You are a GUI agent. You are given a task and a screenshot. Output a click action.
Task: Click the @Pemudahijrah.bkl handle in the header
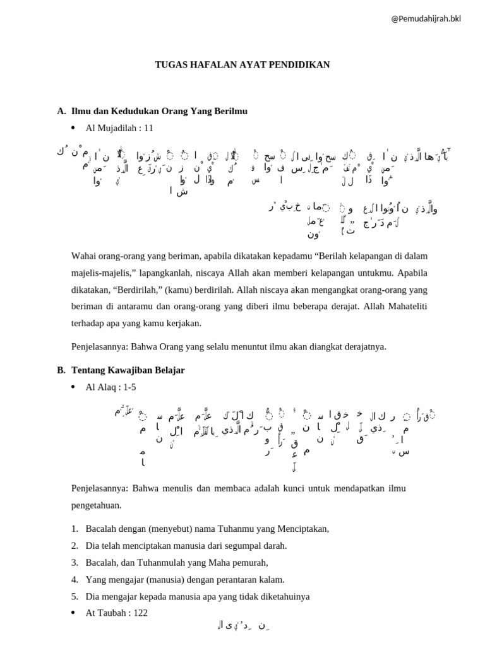[x=426, y=18]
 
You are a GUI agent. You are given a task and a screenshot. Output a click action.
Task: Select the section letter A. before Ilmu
[x=61, y=111]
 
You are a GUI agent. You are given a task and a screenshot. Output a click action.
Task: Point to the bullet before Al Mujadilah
[x=73, y=127]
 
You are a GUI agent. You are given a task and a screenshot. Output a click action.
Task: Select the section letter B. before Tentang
[x=61, y=369]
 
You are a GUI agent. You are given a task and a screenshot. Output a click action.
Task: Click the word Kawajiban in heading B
[x=133, y=369]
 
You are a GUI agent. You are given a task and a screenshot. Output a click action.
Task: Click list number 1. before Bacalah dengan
[x=75, y=528]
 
